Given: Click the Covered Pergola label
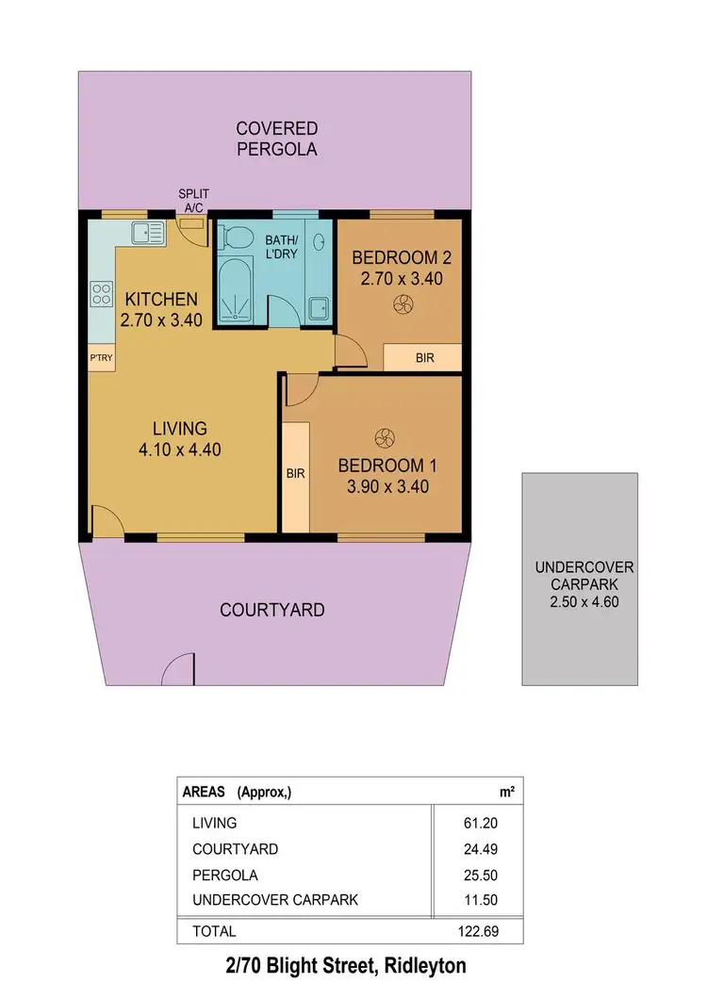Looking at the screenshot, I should coord(277,139).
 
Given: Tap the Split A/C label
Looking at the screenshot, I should coord(192,201).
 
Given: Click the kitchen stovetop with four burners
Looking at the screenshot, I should coord(101,294).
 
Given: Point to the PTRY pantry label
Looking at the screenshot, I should coord(101,358).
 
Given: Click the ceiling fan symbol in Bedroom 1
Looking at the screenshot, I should coord(384,437).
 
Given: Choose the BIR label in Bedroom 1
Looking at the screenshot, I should coord(295,474).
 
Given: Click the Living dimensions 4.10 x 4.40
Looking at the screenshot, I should coord(179,450).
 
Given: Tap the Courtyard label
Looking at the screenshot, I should coord(271,610).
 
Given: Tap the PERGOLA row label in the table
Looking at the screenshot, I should coord(224,875).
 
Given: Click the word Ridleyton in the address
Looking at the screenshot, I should coord(421,966).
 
